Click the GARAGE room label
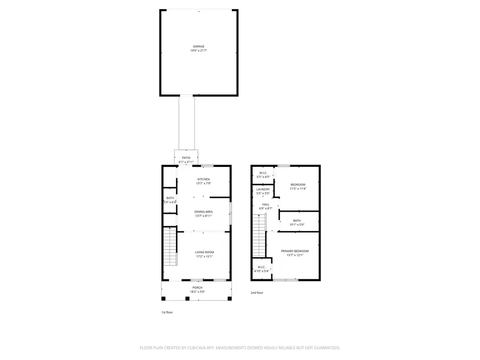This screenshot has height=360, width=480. point(198,46)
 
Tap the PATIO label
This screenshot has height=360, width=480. point(186,158)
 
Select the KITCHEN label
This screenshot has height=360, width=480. point(204,179)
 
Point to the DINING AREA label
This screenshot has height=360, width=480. point(204,212)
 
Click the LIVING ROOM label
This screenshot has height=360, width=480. point(204,252)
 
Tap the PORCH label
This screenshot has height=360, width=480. point(198,287)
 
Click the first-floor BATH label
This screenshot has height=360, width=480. point(169,198)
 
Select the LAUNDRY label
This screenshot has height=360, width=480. point(263,189)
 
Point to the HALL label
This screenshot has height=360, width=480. point(266,204)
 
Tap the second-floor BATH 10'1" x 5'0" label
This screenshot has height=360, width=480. point(297,221)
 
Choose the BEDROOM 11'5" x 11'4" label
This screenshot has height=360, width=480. point(298,185)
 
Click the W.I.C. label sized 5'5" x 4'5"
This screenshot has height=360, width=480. point(263,173)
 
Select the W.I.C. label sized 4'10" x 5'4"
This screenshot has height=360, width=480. point(261,267)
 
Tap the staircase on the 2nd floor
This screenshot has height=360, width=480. point(259,235)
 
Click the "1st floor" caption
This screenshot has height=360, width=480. point(167,313)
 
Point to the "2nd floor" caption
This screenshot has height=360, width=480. point(257,293)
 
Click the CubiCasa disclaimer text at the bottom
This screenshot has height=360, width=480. point(239,348)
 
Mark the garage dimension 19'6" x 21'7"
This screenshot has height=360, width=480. point(198,51)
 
